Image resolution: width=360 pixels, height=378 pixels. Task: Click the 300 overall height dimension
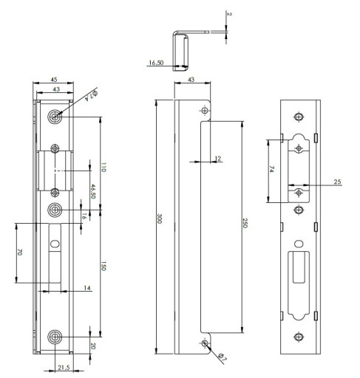click(x=159, y=219)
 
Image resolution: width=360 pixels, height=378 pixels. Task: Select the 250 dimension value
click(x=245, y=223)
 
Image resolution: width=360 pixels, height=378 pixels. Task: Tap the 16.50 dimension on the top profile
click(x=156, y=63)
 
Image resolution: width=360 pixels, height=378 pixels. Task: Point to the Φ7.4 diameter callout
click(x=91, y=94)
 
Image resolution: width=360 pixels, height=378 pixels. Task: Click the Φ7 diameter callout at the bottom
click(x=222, y=358)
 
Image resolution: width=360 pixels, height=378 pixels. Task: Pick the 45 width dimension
click(x=54, y=80)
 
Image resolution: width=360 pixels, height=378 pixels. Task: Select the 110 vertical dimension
click(x=103, y=168)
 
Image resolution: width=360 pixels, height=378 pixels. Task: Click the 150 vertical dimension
click(x=103, y=267)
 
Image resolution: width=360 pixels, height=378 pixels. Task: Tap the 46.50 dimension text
click(x=92, y=191)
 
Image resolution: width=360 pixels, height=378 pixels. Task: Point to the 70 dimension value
click(x=20, y=252)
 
